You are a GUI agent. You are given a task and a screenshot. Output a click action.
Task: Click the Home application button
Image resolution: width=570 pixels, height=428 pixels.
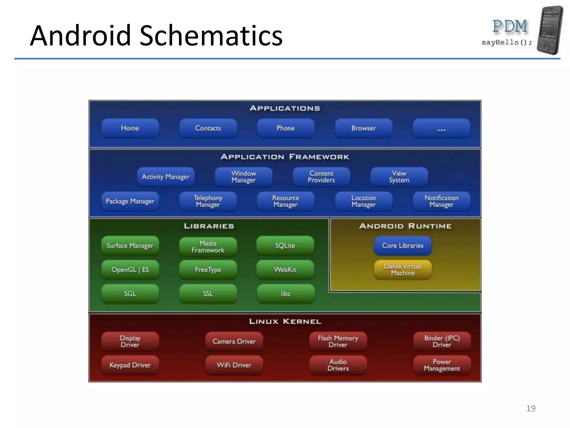(x=130, y=128)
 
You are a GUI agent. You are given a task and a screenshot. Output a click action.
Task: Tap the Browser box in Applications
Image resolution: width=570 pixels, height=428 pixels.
(x=363, y=128)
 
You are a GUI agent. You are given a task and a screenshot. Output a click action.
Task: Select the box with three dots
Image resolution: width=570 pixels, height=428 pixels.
(x=441, y=128)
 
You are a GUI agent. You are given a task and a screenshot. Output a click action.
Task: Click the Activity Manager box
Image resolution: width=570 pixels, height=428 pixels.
(x=166, y=177)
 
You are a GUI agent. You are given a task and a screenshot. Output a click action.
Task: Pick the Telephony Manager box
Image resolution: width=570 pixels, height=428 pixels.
(x=208, y=201)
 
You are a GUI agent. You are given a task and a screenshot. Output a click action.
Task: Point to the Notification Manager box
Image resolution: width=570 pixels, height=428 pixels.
(x=441, y=201)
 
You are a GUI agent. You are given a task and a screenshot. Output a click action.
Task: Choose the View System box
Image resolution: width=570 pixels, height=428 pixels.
(x=399, y=177)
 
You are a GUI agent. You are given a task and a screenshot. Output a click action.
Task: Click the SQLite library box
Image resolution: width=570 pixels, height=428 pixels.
(x=285, y=245)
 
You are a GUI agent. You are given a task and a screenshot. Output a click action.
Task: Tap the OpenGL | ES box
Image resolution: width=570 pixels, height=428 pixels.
(x=130, y=270)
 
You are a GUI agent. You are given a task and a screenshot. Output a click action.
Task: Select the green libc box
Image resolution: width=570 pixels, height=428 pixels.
(x=286, y=294)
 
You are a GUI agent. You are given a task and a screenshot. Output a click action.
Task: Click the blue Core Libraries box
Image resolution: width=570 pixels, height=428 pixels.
(x=402, y=245)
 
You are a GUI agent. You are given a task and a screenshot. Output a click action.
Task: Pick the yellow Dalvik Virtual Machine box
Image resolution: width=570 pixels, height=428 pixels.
(x=402, y=270)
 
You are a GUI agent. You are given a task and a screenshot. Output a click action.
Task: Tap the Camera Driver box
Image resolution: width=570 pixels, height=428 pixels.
(x=234, y=341)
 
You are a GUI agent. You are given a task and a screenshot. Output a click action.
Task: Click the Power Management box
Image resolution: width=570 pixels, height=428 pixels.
(x=442, y=365)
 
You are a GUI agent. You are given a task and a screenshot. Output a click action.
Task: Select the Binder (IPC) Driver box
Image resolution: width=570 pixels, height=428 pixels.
(x=442, y=341)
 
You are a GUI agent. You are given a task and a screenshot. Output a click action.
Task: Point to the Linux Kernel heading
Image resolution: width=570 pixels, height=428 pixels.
(x=285, y=322)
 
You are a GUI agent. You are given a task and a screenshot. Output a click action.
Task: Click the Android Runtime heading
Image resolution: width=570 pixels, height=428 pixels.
(x=405, y=226)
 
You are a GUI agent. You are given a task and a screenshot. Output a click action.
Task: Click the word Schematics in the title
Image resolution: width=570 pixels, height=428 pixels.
(x=211, y=36)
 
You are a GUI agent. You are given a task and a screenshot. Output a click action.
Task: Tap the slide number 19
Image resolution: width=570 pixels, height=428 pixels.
(x=530, y=408)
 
